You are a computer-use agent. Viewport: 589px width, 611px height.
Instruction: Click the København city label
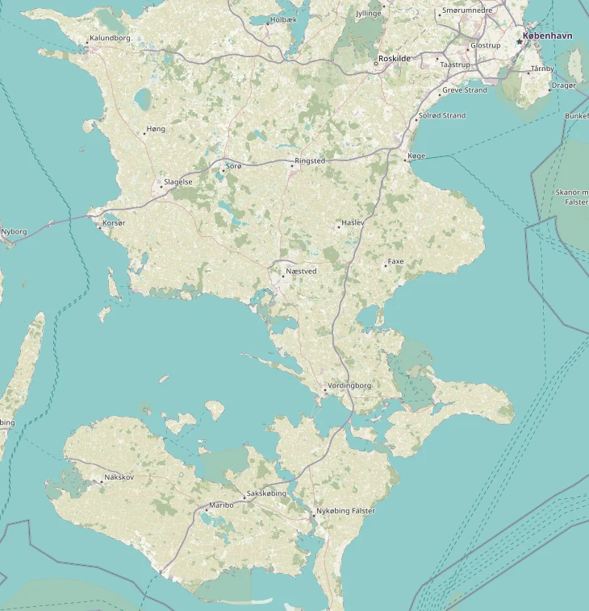(549, 36)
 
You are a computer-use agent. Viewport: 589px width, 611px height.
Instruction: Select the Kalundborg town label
(110, 38)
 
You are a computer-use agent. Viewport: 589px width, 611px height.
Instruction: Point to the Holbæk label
(284, 19)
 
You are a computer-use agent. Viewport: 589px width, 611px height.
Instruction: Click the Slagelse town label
(178, 182)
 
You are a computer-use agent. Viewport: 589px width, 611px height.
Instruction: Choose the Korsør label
(115, 222)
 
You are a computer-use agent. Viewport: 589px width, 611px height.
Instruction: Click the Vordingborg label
(349, 386)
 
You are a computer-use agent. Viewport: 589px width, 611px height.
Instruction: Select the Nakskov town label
(118, 478)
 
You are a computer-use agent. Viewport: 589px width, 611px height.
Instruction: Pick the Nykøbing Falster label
(345, 511)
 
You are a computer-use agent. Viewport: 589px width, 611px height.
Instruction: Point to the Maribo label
(221, 505)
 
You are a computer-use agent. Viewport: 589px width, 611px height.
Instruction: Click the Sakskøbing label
(266, 494)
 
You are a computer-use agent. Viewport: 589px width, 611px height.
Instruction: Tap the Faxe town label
(395, 262)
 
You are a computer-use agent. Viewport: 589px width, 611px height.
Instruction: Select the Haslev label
(353, 222)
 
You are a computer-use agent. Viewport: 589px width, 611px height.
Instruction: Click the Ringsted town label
(310, 161)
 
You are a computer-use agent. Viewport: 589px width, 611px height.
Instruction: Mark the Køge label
(416, 156)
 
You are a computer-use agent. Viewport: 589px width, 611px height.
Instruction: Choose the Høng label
(156, 130)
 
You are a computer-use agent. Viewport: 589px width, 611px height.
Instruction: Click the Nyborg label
(15, 231)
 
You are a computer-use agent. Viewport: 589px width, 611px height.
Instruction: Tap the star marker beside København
(519, 41)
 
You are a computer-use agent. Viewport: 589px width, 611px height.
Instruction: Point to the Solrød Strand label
(443, 115)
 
